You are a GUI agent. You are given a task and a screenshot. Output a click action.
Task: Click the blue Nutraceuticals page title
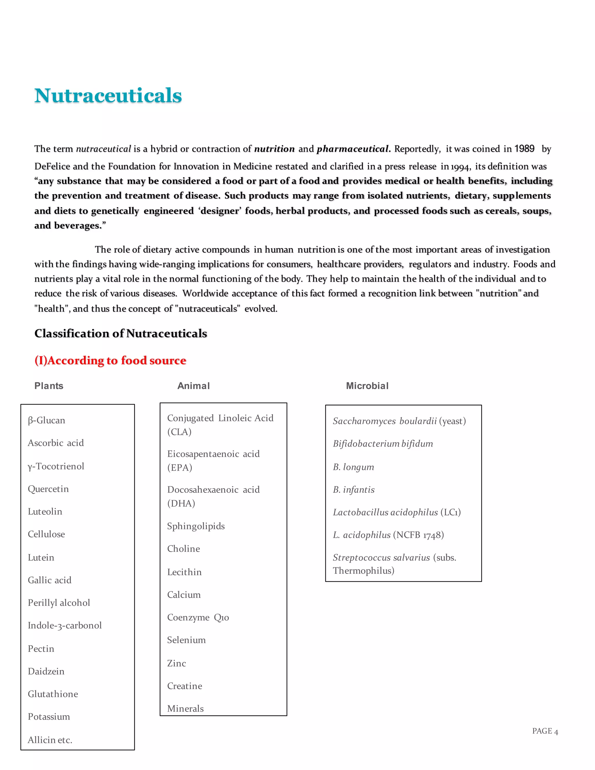tap(108, 96)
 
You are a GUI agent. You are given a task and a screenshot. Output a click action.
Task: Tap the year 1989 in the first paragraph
tap(524, 148)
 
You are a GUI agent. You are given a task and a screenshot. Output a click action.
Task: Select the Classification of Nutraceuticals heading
tap(121, 333)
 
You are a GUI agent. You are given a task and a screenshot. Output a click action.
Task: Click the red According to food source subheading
tap(110, 360)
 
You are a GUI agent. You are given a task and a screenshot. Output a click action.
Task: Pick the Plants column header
tap(49, 386)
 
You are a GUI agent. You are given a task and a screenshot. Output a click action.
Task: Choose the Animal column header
tap(193, 386)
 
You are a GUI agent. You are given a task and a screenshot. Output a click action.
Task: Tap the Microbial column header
tap(367, 386)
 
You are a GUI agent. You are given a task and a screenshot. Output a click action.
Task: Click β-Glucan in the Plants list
tap(46, 420)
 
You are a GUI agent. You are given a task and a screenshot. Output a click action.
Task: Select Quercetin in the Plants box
tap(48, 489)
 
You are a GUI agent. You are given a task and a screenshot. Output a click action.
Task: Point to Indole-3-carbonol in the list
tap(65, 626)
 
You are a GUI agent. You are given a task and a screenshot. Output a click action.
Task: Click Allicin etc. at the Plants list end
tap(50, 740)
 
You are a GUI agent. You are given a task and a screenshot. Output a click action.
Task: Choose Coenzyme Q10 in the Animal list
tap(198, 617)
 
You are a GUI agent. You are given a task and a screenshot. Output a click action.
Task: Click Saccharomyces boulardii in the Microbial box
tap(385, 421)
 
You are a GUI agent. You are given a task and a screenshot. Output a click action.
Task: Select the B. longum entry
tap(353, 467)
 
